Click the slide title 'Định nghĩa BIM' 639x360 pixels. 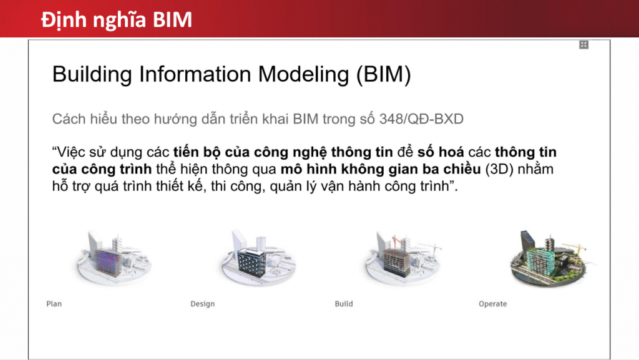(x=117, y=20)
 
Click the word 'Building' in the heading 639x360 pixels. (x=92, y=74)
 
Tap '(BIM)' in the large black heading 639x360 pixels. (x=384, y=74)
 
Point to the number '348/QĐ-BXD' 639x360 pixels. (x=421, y=119)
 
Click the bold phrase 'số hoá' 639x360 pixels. (x=441, y=152)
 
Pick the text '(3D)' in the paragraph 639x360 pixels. (x=499, y=169)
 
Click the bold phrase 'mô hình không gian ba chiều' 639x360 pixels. (x=381, y=169)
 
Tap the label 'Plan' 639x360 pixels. (x=54, y=304)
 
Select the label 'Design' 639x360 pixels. (x=203, y=304)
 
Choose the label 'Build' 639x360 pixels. (x=344, y=304)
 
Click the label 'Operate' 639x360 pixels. (x=493, y=304)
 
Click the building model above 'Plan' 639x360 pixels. (x=114, y=258)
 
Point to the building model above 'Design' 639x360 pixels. (x=258, y=258)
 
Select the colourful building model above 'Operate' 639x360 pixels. (x=549, y=258)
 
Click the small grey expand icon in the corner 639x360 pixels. (x=583, y=45)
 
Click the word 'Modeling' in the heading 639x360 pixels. (x=303, y=74)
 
